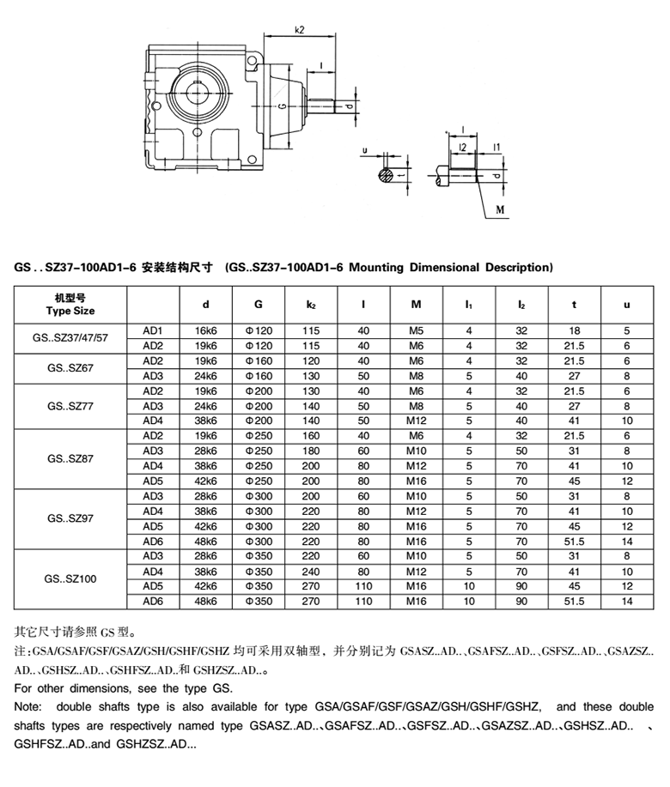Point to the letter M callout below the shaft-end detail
coord(499,209)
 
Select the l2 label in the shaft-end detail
coord(463,148)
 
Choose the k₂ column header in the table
coord(310,305)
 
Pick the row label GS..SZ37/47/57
coord(70,338)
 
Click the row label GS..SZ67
coord(70,368)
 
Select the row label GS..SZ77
coord(70,406)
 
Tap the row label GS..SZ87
coord(70,458)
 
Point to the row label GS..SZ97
coord(70,518)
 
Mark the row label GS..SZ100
coord(70,578)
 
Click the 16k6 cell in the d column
coord(205,330)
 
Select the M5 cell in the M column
coord(417,330)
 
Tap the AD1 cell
coord(153,330)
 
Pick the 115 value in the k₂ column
coord(310,330)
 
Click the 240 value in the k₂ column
coord(310,571)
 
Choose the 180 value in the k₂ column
coord(310,451)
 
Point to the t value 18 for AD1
coord(574,330)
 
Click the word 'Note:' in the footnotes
coord(29,707)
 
